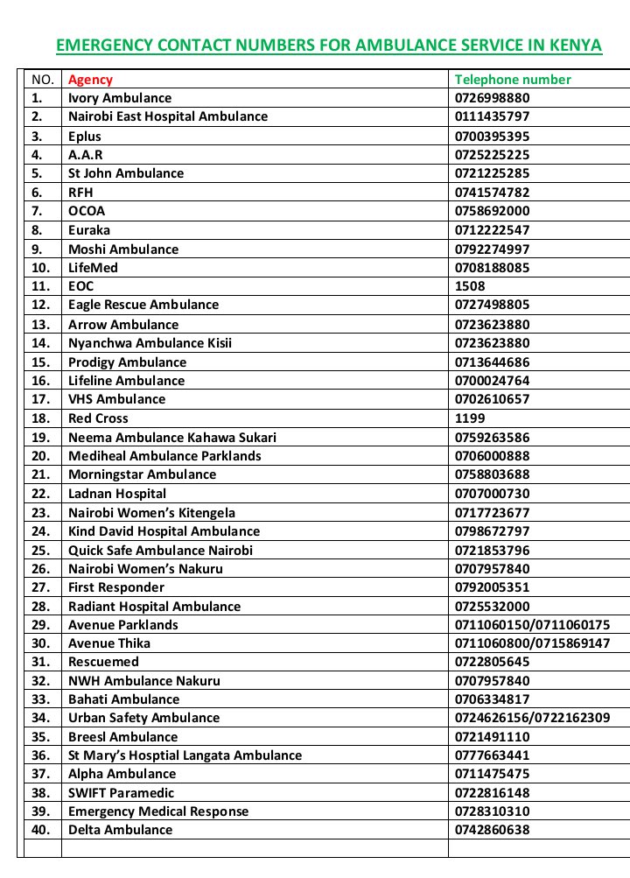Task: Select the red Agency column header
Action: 90,80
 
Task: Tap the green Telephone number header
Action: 513,80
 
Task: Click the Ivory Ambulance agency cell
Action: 120,98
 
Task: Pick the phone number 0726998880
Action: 492,98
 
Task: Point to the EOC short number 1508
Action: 470,286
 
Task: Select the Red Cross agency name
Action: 98,418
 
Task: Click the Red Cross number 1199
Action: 470,418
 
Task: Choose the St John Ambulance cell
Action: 126,173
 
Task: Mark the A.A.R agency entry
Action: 86,155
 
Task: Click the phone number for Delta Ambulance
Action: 492,830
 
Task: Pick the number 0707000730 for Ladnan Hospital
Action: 492,494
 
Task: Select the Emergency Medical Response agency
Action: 158,811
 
